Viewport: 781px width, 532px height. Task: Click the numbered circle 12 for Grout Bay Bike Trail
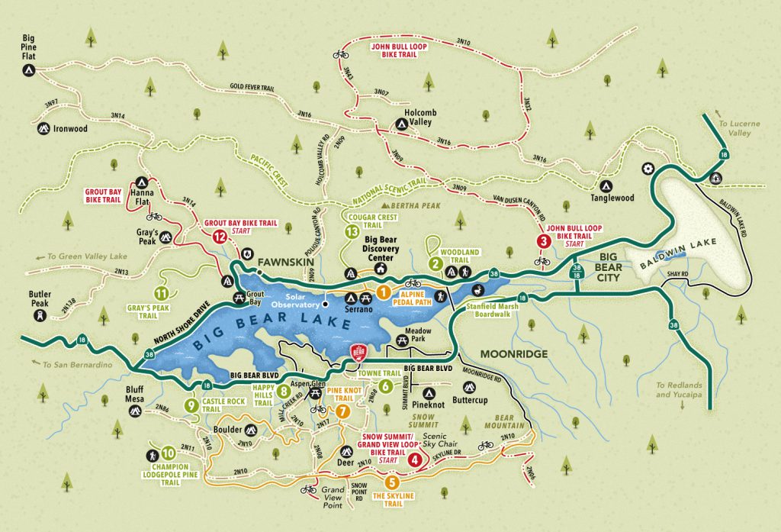220,237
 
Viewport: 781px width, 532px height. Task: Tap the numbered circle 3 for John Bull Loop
543,241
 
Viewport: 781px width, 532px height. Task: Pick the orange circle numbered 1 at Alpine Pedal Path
384,291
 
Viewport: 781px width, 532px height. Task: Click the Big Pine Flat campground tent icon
27,70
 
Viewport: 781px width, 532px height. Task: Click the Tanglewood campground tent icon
605,185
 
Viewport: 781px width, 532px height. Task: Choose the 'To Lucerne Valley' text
734,127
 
